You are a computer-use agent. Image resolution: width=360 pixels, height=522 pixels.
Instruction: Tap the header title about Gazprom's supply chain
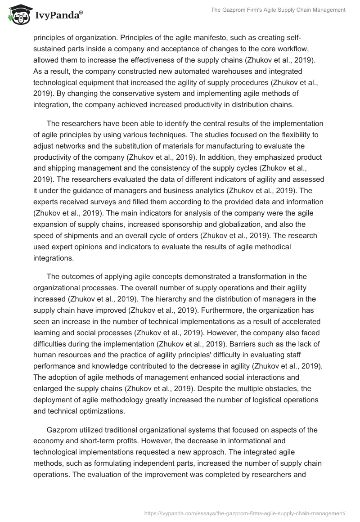tap(278, 11)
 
